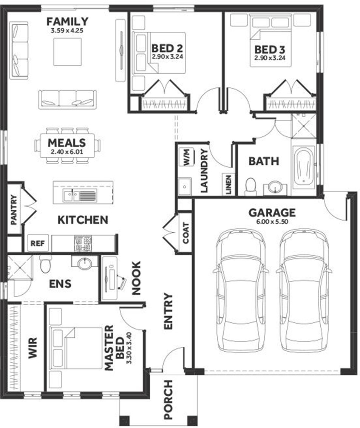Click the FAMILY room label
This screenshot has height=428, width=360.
(x=67, y=22)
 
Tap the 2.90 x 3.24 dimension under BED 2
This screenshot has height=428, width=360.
(x=167, y=57)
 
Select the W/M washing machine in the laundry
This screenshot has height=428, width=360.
(x=187, y=157)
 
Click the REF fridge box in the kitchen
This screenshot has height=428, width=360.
(x=37, y=243)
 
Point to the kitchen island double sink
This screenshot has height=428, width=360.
(x=80, y=195)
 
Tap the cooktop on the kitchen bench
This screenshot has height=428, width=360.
(x=83, y=243)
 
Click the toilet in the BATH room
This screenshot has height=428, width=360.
(x=250, y=187)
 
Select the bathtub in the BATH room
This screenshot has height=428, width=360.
(x=303, y=168)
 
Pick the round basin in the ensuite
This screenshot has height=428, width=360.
(x=85, y=264)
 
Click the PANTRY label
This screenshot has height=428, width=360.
(x=14, y=210)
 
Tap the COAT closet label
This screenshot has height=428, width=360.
(x=186, y=233)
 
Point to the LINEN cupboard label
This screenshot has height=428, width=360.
(x=229, y=184)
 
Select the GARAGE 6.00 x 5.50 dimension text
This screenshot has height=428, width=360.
(x=272, y=222)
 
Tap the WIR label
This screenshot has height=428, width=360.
(x=32, y=348)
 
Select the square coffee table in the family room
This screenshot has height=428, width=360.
(x=67, y=52)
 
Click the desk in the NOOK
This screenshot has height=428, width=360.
(x=110, y=278)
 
